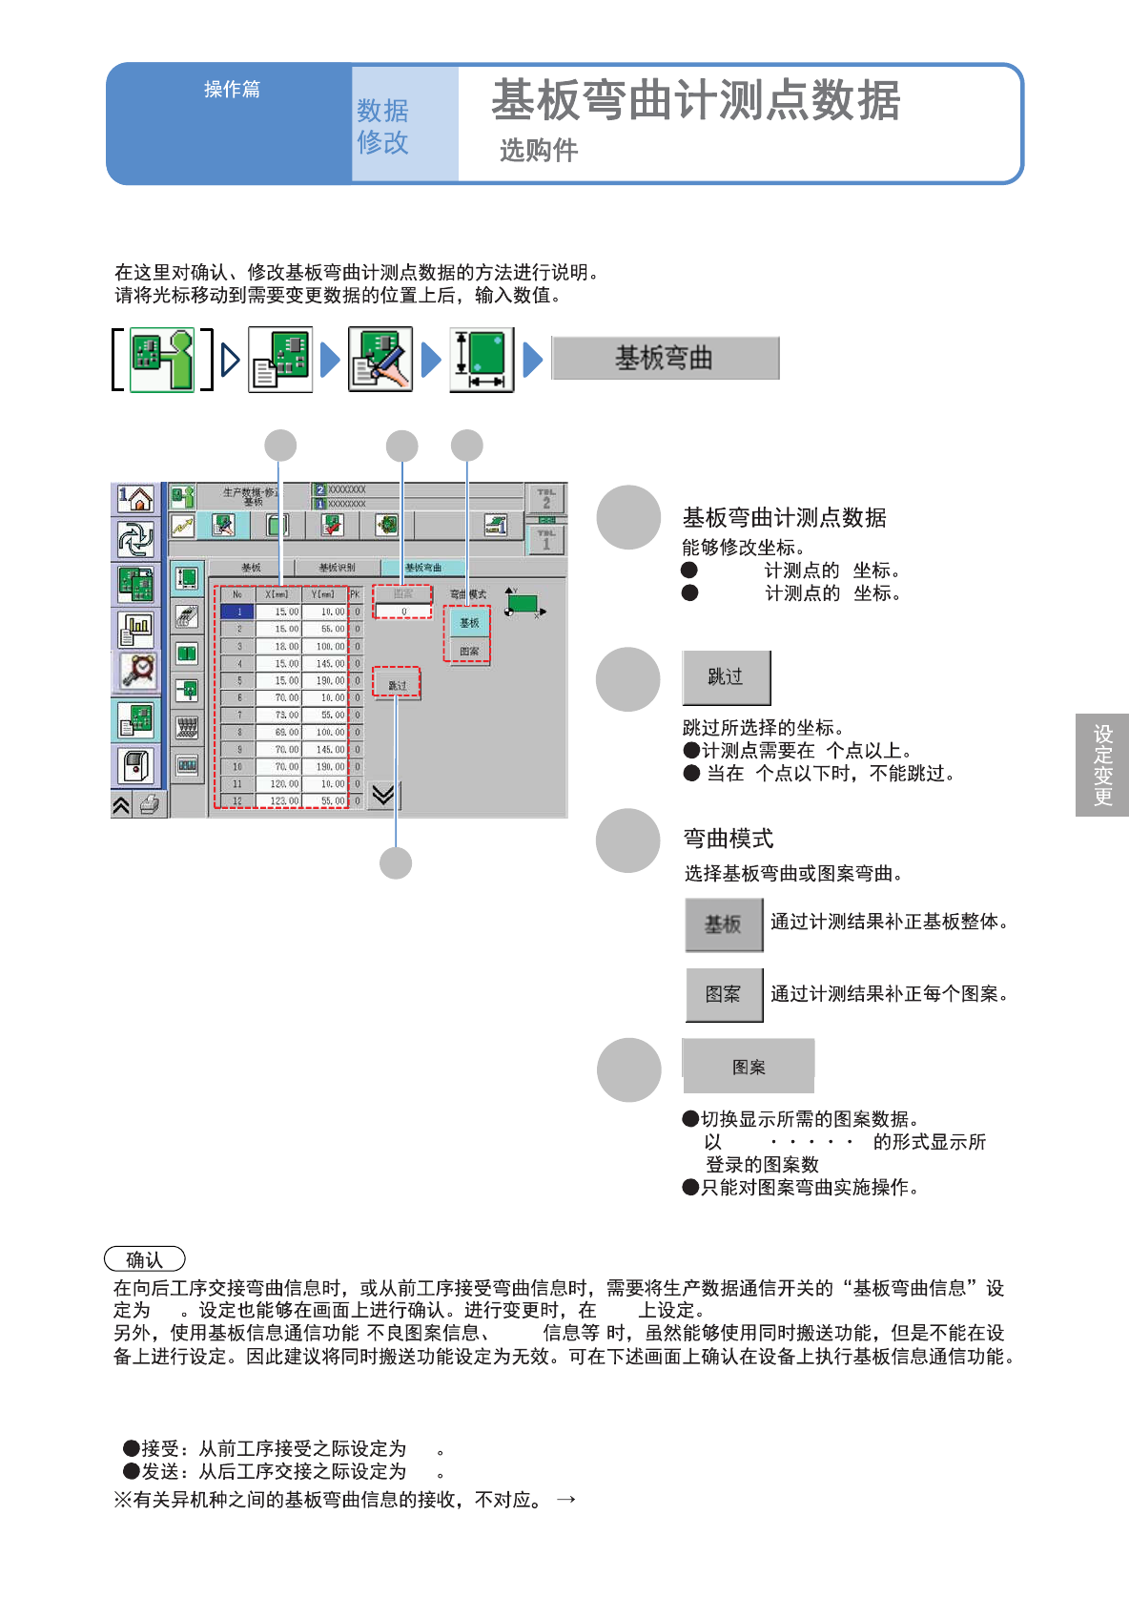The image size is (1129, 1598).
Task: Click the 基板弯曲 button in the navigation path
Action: point(665,359)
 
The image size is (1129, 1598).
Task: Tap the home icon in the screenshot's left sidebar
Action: point(135,498)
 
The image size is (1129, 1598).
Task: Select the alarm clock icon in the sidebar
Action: point(137,669)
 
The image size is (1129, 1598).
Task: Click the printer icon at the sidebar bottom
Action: point(150,805)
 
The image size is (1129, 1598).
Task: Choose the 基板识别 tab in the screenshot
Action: point(337,568)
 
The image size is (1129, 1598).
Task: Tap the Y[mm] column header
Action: point(323,594)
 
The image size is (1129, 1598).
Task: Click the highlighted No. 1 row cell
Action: point(238,612)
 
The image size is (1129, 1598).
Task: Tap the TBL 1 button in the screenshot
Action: point(545,541)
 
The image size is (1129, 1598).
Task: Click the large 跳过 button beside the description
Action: point(726,677)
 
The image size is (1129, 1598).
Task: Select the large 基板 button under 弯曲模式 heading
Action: point(724,924)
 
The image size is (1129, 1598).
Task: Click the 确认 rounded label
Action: point(144,1259)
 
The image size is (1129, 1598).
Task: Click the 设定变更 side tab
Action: point(1102,765)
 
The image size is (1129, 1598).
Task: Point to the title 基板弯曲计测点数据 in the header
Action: point(695,101)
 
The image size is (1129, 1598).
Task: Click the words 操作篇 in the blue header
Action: point(232,90)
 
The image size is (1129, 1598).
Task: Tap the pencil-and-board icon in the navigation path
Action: point(380,360)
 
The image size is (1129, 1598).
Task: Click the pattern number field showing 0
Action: point(402,612)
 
